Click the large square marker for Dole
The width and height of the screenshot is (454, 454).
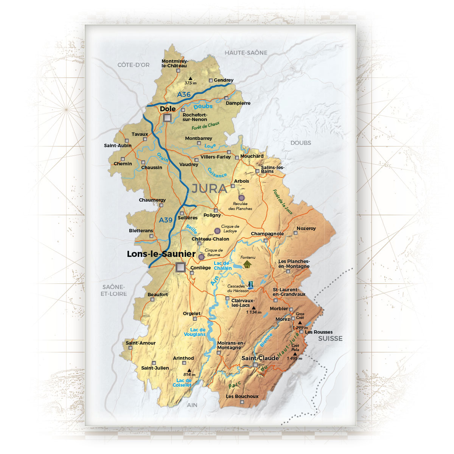click(x=167, y=118)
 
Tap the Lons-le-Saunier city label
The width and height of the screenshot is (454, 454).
click(x=161, y=254)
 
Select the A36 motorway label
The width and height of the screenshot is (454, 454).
click(x=184, y=94)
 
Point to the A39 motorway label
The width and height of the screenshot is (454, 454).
click(x=166, y=220)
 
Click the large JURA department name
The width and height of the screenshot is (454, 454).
click(x=209, y=188)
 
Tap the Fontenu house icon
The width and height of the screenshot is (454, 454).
click(x=247, y=264)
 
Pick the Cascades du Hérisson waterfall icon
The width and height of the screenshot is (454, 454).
click(x=250, y=285)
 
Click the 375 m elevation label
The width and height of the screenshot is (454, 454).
click(x=190, y=83)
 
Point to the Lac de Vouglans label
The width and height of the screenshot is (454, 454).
click(x=195, y=332)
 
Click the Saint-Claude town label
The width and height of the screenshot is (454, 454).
click(x=260, y=358)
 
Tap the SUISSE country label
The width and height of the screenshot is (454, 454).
click(x=330, y=339)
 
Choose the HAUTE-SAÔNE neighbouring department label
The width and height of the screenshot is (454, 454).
click(x=246, y=53)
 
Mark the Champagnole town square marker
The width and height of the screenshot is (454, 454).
click(x=266, y=240)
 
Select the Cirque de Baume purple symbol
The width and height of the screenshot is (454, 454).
click(x=202, y=257)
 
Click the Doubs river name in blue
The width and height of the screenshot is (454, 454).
click(x=203, y=107)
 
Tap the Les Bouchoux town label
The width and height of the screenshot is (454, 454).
click(x=242, y=396)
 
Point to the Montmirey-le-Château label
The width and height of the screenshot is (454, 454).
click(x=174, y=64)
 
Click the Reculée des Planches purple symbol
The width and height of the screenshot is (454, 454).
click(x=241, y=197)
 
